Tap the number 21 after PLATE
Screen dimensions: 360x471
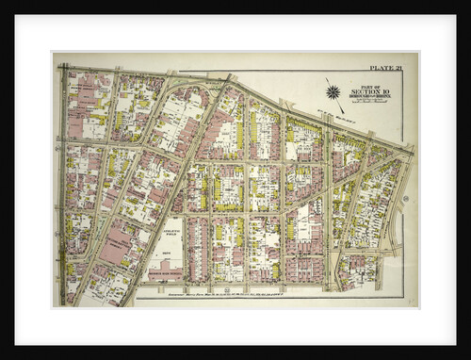[x=396, y=68]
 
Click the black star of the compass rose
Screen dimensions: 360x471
[x=333, y=92]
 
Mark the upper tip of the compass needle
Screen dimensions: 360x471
[x=326, y=79]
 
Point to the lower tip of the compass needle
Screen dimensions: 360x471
[x=341, y=107]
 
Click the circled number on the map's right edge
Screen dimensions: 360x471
[x=405, y=199]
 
